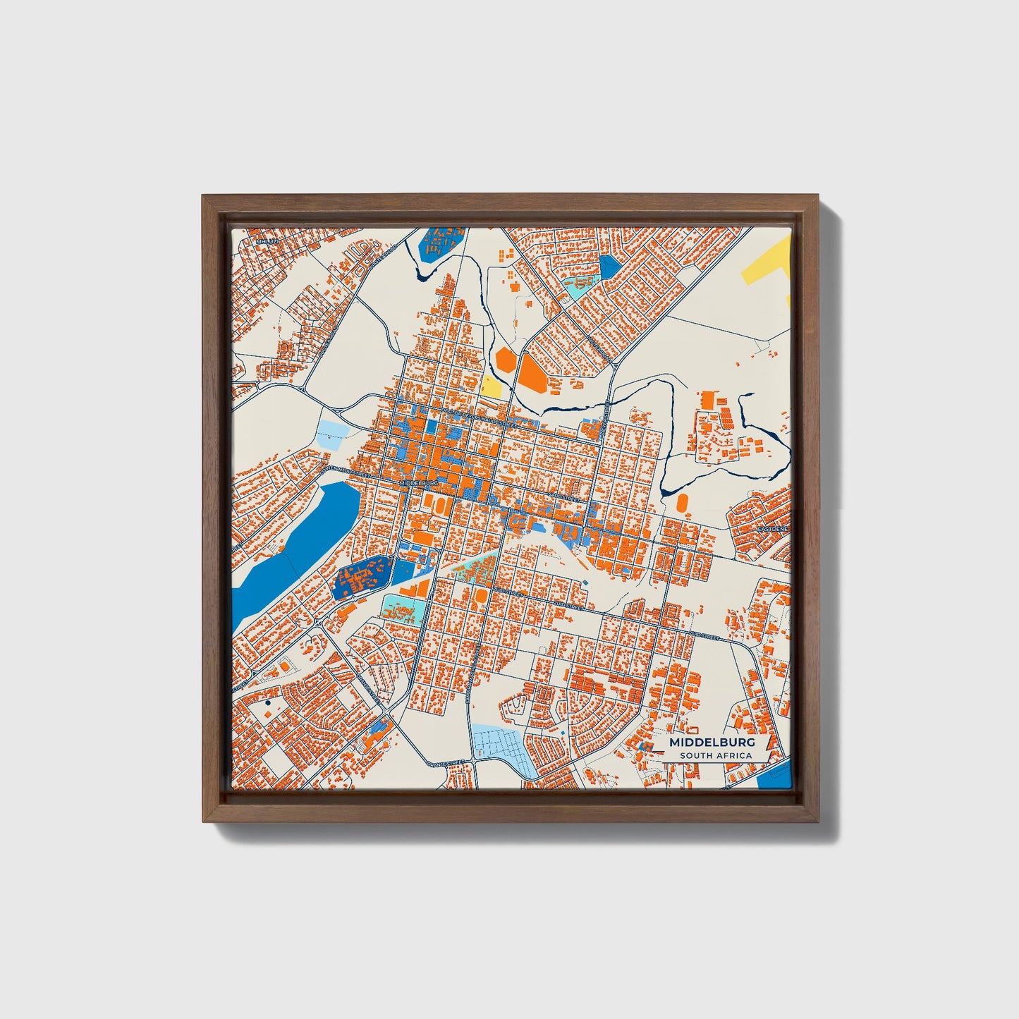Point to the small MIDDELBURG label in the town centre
point(419,483)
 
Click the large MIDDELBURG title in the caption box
point(712,743)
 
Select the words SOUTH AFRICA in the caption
point(716,756)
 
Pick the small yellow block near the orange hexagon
point(491,386)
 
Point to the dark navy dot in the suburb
point(268,703)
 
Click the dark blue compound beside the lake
point(361,576)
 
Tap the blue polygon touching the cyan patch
point(609,267)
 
